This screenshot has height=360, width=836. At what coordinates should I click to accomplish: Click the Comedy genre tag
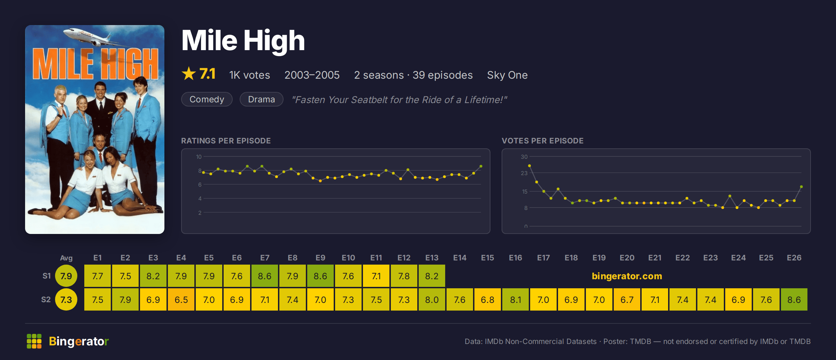(x=207, y=100)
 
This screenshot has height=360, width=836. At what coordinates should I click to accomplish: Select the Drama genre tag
(x=261, y=100)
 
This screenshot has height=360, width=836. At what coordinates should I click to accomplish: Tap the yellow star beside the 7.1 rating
(x=189, y=74)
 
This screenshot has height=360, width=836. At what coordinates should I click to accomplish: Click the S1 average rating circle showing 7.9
(x=66, y=276)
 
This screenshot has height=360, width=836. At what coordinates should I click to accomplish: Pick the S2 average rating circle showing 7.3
(x=66, y=299)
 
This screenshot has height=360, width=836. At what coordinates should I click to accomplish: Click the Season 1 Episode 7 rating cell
(x=265, y=276)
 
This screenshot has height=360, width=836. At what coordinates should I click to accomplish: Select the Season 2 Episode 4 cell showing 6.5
(x=181, y=299)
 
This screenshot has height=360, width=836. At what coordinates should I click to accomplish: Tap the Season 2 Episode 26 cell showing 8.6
(x=794, y=299)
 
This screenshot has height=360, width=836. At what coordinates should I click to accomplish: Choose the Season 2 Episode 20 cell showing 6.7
(x=627, y=299)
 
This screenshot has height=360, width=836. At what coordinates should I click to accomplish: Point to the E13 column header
(x=432, y=258)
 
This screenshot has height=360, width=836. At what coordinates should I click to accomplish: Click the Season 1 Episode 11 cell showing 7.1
(x=376, y=276)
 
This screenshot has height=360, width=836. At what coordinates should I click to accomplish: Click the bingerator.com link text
(x=627, y=276)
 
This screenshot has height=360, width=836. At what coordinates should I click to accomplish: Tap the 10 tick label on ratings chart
(x=199, y=157)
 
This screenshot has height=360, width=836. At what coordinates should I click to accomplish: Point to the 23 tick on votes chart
(x=524, y=173)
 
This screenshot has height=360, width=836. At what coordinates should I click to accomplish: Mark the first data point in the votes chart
(x=529, y=166)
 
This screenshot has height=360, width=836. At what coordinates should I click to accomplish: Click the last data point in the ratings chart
(x=481, y=166)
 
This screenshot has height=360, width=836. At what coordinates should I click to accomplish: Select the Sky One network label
(x=507, y=75)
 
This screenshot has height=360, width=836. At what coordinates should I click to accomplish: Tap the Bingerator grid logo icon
(x=34, y=341)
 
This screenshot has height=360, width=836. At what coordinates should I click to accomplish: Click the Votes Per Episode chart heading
(x=542, y=141)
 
